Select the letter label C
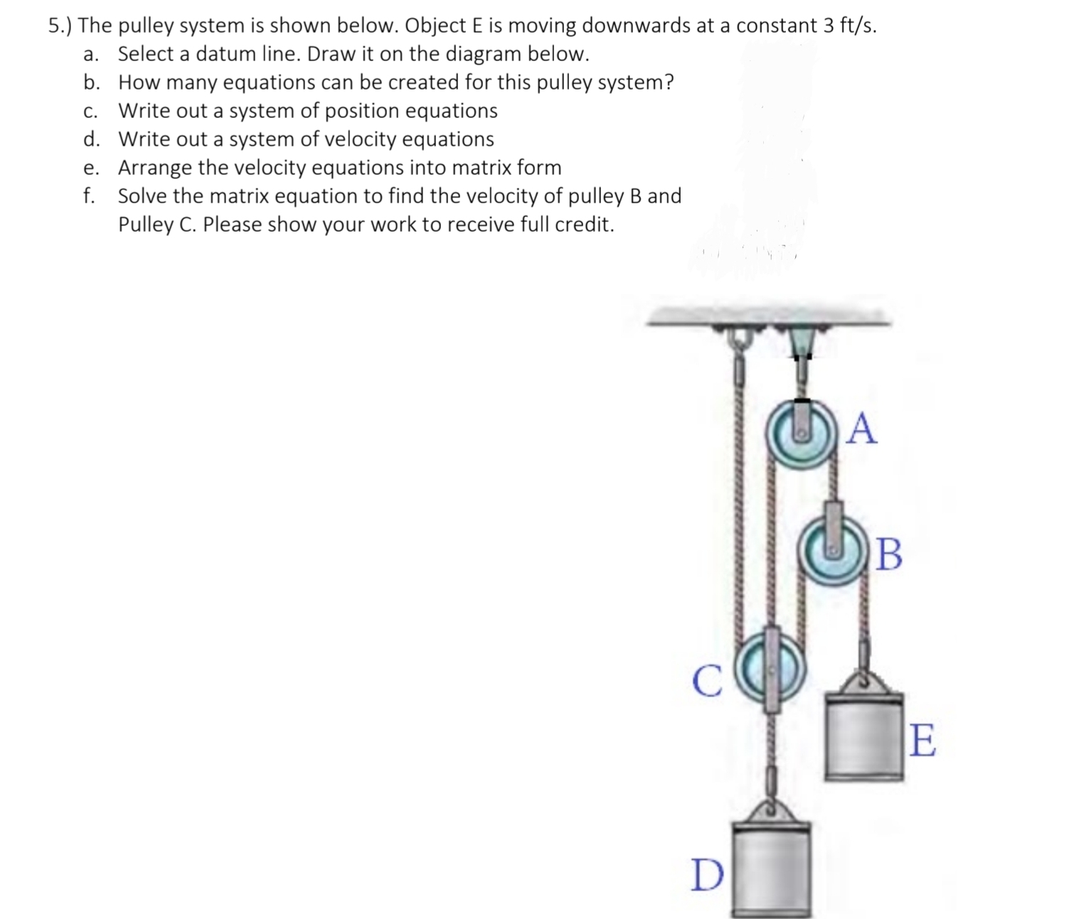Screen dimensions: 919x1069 (705, 681)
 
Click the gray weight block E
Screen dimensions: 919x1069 (864, 739)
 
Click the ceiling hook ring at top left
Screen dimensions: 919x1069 (737, 338)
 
